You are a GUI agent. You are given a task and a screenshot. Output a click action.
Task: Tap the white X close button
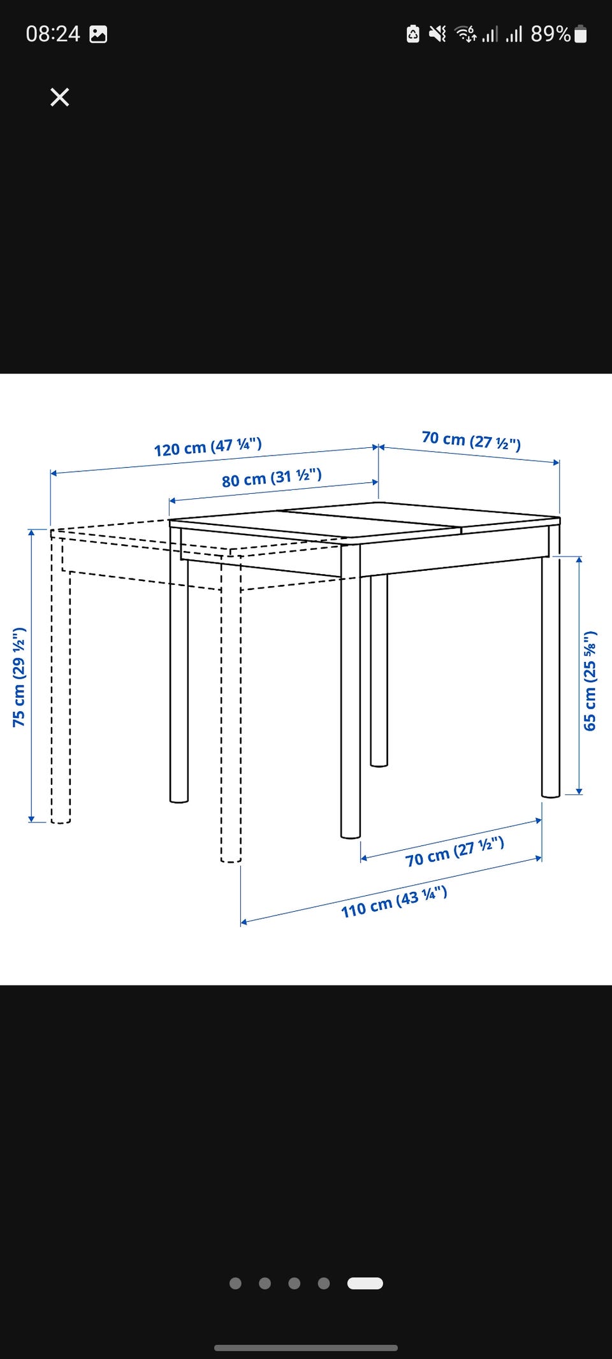[60, 97]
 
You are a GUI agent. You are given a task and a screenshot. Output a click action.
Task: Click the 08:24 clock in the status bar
[53, 34]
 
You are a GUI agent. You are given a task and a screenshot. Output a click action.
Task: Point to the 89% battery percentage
[551, 34]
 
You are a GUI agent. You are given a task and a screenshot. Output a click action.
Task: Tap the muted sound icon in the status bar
[437, 34]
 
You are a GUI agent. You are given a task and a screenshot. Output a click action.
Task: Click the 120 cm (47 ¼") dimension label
[208, 447]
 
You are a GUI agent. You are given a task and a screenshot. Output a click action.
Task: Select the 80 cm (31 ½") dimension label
[272, 478]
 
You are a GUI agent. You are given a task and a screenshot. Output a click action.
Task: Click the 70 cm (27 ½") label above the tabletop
[472, 440]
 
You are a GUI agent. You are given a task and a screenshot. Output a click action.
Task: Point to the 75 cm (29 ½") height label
[19, 677]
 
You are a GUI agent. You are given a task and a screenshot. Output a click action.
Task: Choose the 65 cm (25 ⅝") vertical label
[590, 680]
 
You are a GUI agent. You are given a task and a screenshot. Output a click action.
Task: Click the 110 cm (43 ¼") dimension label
[394, 902]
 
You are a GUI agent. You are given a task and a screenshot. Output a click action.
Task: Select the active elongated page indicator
[365, 1283]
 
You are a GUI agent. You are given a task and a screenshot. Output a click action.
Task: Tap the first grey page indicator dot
[235, 1283]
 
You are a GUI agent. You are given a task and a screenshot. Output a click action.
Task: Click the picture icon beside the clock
[98, 34]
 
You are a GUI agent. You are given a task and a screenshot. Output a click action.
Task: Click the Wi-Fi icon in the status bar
[465, 34]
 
